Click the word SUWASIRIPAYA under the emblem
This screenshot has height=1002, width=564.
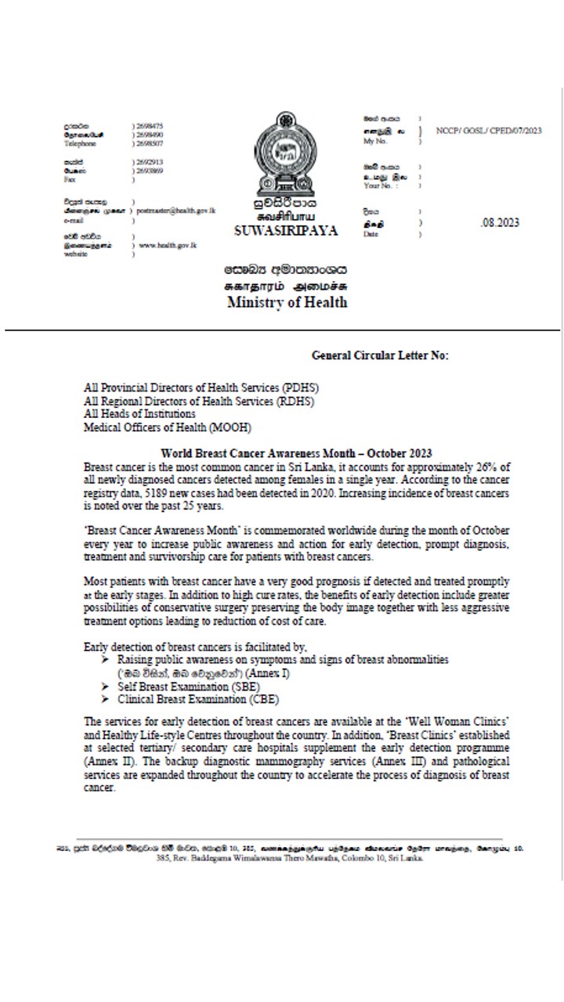[286, 231]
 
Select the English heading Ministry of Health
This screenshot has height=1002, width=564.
[287, 303]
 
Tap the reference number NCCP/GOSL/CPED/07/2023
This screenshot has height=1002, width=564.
[488, 131]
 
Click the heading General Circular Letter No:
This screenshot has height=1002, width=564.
[380, 355]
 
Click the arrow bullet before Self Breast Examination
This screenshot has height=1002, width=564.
[105, 686]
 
